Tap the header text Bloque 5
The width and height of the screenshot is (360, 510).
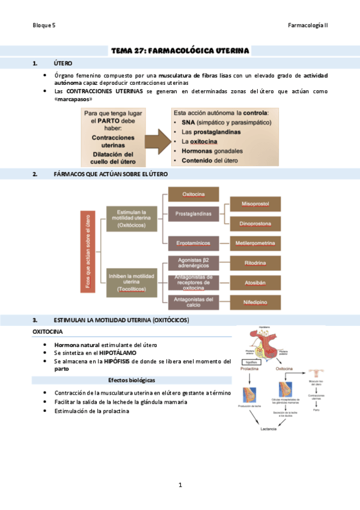pos(44,26)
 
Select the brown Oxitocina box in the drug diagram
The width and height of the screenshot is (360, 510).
pos(193,194)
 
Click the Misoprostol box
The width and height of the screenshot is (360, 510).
pos(255,204)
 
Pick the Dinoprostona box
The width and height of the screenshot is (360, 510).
pos(255,224)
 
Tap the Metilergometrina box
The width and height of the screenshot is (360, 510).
pos(255,244)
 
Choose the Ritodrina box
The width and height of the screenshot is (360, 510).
pos(255,263)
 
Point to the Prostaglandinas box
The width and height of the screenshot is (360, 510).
pos(193,214)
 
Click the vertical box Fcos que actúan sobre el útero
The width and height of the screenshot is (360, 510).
pos(88,251)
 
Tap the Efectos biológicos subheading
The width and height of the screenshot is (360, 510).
pos(132,380)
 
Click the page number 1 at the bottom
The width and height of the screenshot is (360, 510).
pos(180,485)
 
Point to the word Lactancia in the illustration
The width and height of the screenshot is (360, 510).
pos(269,428)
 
